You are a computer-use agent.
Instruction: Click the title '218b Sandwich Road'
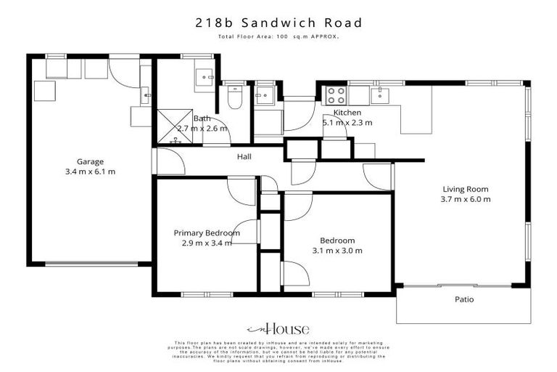pos(278,23)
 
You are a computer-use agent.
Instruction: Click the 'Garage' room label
pos(91,161)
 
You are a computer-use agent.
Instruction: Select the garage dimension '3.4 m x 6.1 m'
pos(91,171)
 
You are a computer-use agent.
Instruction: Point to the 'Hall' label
pos(244,155)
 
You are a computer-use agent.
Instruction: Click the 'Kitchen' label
pos(347,113)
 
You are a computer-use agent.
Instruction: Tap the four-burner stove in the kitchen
pos(335,94)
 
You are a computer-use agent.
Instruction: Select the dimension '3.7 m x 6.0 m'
pos(466,199)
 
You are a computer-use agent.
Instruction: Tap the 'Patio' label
pos(464,299)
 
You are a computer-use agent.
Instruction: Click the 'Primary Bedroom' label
pos(207,232)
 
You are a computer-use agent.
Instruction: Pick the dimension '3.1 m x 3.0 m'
pos(338,251)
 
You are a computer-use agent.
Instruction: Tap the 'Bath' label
pos(202,118)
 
